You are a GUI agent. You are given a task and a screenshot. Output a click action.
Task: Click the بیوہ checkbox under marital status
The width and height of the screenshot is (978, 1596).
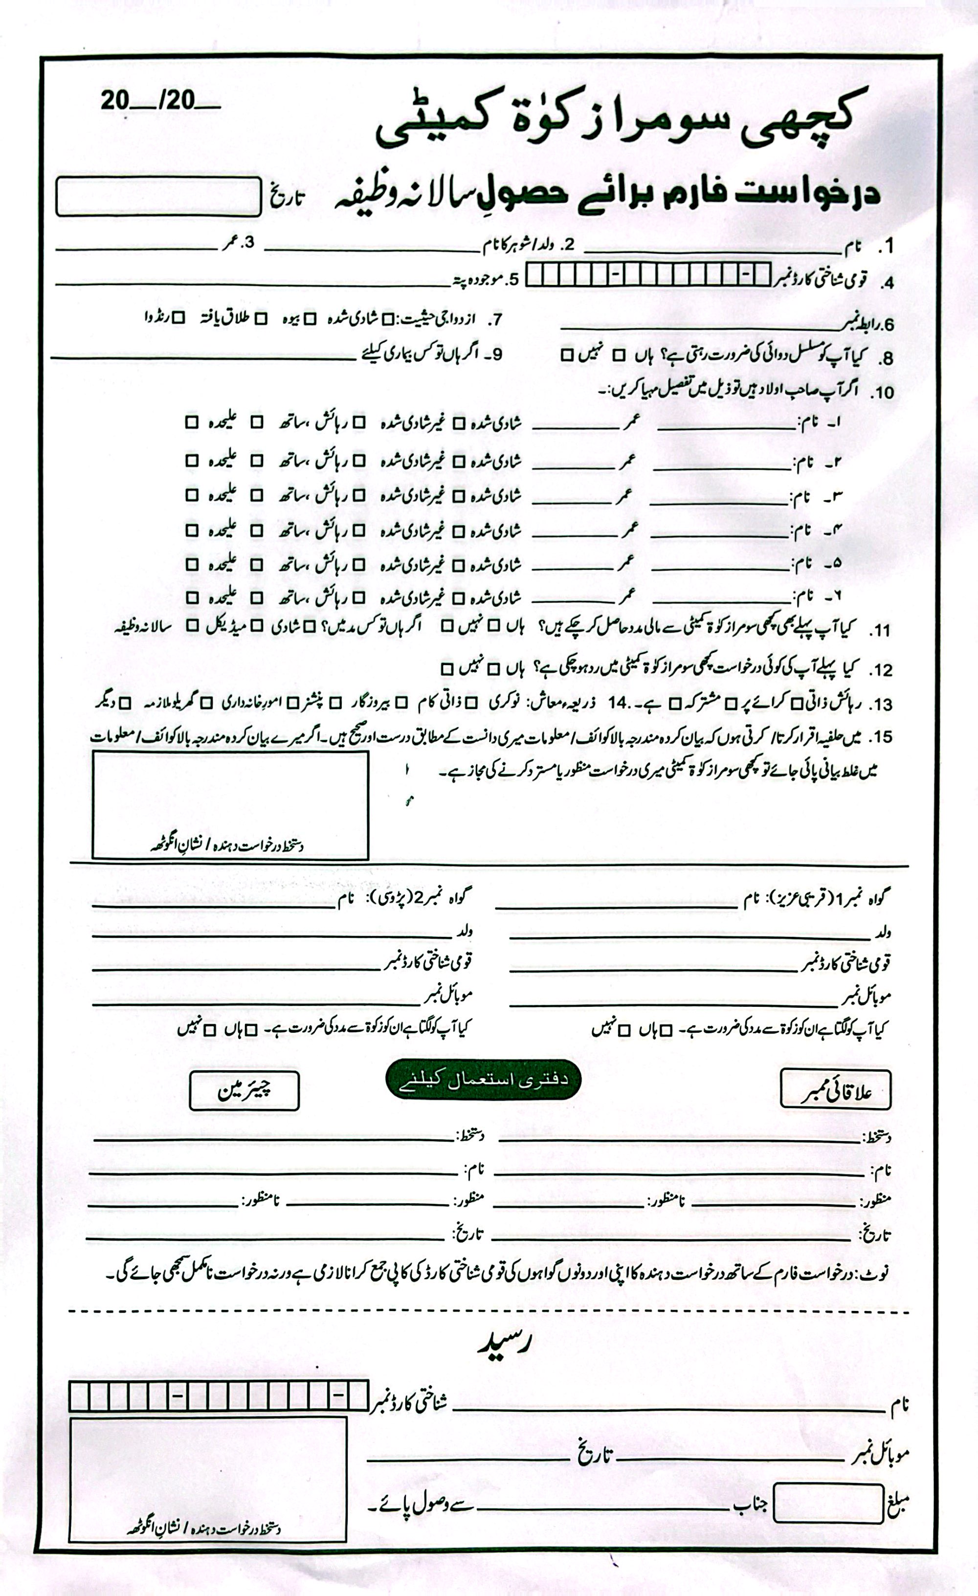tap(310, 319)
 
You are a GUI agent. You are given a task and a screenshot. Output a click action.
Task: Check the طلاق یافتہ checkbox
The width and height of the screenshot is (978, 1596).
tap(261, 319)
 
